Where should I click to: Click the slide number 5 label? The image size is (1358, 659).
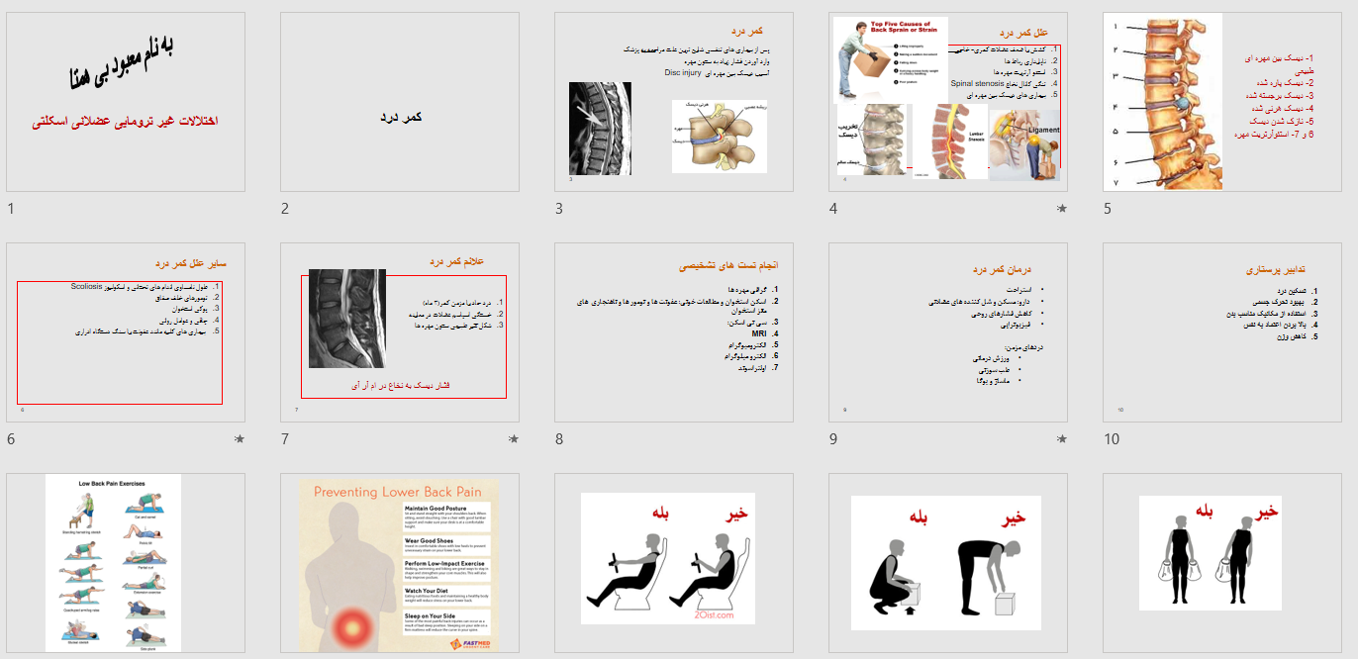point(1108,209)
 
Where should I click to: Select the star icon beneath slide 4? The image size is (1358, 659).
point(1061,209)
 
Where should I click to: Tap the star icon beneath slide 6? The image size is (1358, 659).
point(240,438)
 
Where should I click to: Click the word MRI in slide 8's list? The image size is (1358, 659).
point(759,333)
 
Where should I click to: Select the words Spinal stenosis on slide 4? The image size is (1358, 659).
point(971,84)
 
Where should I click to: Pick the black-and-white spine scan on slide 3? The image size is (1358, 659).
point(600,128)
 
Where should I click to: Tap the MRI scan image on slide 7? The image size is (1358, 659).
point(347,318)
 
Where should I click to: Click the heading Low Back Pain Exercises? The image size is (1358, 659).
point(113,484)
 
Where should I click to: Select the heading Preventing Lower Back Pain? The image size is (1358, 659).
point(397,492)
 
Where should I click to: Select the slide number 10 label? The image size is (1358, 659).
point(1112,438)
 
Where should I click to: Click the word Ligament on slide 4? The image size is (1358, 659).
point(1043,130)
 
